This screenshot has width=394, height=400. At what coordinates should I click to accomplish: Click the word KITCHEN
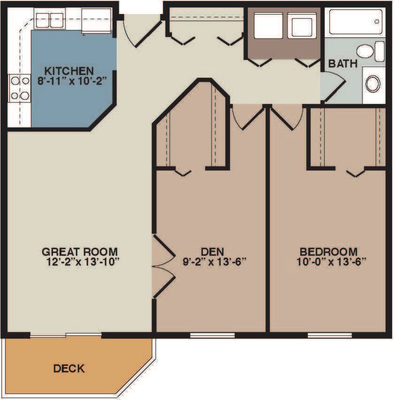(69, 71)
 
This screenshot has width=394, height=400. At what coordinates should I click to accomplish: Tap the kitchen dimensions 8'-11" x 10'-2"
(69, 80)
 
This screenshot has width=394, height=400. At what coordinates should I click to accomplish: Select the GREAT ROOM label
(79, 251)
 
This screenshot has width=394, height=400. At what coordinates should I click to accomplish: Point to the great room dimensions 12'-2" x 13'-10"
(79, 261)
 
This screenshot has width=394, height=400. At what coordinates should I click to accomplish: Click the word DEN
(214, 251)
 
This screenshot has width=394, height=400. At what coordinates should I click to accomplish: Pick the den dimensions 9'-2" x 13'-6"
(214, 261)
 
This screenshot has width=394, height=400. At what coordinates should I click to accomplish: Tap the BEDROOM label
(328, 251)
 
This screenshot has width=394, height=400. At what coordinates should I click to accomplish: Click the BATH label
(342, 64)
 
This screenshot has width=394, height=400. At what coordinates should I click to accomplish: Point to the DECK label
(69, 369)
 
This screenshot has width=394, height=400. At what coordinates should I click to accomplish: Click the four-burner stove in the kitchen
(19, 88)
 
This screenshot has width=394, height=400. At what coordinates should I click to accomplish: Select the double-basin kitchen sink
(50, 20)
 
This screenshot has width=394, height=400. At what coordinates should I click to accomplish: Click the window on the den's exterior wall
(212, 335)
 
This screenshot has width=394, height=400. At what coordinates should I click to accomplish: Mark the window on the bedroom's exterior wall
(329, 335)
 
